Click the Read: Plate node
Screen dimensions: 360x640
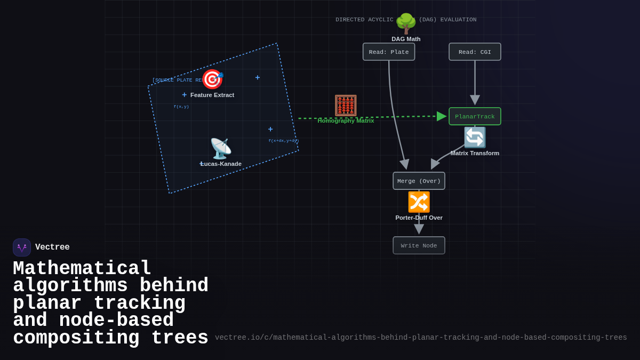[x=389, y=52]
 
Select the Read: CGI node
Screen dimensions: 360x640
[x=475, y=52]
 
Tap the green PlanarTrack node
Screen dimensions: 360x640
[x=475, y=116]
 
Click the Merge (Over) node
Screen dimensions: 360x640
[x=419, y=181]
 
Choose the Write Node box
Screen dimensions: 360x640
[x=419, y=245]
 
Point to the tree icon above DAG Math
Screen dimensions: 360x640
[x=406, y=23]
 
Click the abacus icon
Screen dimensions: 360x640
[x=346, y=106]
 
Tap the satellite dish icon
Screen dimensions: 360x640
[x=220, y=149]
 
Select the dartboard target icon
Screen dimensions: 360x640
[x=212, y=79]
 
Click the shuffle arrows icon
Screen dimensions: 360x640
[x=419, y=202]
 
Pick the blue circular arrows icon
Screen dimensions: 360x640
[x=475, y=138]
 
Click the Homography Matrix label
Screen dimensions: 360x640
[x=346, y=121]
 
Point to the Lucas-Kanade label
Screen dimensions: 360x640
[x=221, y=164]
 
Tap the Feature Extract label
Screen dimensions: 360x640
[x=212, y=95]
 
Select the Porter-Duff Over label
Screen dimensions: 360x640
[x=419, y=218]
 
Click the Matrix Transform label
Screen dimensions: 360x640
[x=475, y=153]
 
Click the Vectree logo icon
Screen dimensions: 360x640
[x=22, y=247]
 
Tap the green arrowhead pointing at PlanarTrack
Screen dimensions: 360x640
[x=442, y=116]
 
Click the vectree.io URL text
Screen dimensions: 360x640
[x=421, y=338]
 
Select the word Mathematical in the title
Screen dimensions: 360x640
[x=82, y=268]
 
